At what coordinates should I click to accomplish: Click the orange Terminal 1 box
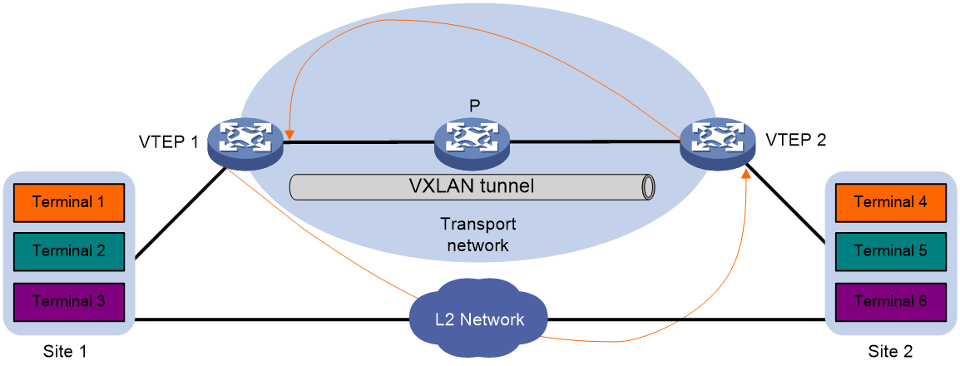[67, 200]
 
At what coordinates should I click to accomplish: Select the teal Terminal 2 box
[67, 250]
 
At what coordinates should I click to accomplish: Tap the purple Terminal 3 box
[67, 300]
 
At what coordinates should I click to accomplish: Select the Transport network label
[478, 235]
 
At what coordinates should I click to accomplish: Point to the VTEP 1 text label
[168, 142]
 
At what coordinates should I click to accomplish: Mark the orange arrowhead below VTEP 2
[746, 175]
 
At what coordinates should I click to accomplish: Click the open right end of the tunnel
[646, 186]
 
